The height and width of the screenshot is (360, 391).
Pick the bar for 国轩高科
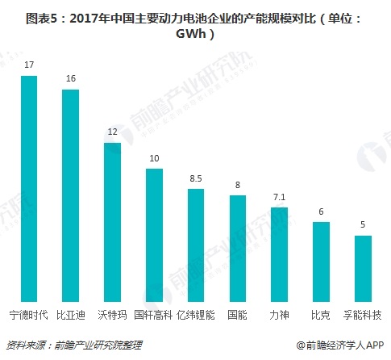point(154,234)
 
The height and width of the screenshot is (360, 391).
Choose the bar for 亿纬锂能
point(195,245)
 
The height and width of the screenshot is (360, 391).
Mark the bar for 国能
point(237,248)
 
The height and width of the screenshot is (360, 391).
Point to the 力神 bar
point(279,253)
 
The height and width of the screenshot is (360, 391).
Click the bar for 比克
point(321,261)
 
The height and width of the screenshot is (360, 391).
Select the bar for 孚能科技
point(362,268)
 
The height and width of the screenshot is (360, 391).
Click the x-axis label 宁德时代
point(30,313)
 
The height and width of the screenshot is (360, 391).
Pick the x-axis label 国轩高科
point(154,313)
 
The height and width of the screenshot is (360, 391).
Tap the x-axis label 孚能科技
point(362,313)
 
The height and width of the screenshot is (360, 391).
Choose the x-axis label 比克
point(321,313)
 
